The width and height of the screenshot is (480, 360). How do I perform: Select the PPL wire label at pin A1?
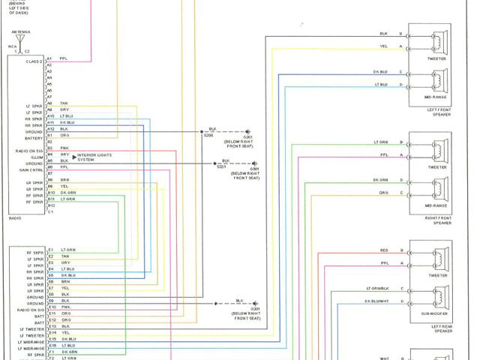63,58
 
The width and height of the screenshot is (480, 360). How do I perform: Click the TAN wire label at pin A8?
64,103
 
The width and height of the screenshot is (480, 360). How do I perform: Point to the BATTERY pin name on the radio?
34,137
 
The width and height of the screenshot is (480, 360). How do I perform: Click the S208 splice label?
208,136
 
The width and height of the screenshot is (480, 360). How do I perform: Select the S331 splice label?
221,166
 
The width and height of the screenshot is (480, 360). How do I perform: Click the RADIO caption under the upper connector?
14,218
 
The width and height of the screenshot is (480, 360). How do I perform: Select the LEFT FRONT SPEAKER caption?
439,112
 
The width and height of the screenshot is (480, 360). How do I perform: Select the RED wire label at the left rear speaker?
384,250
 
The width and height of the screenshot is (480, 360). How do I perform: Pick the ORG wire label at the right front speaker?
383,193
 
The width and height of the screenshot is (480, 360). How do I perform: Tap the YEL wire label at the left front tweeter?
383,46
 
